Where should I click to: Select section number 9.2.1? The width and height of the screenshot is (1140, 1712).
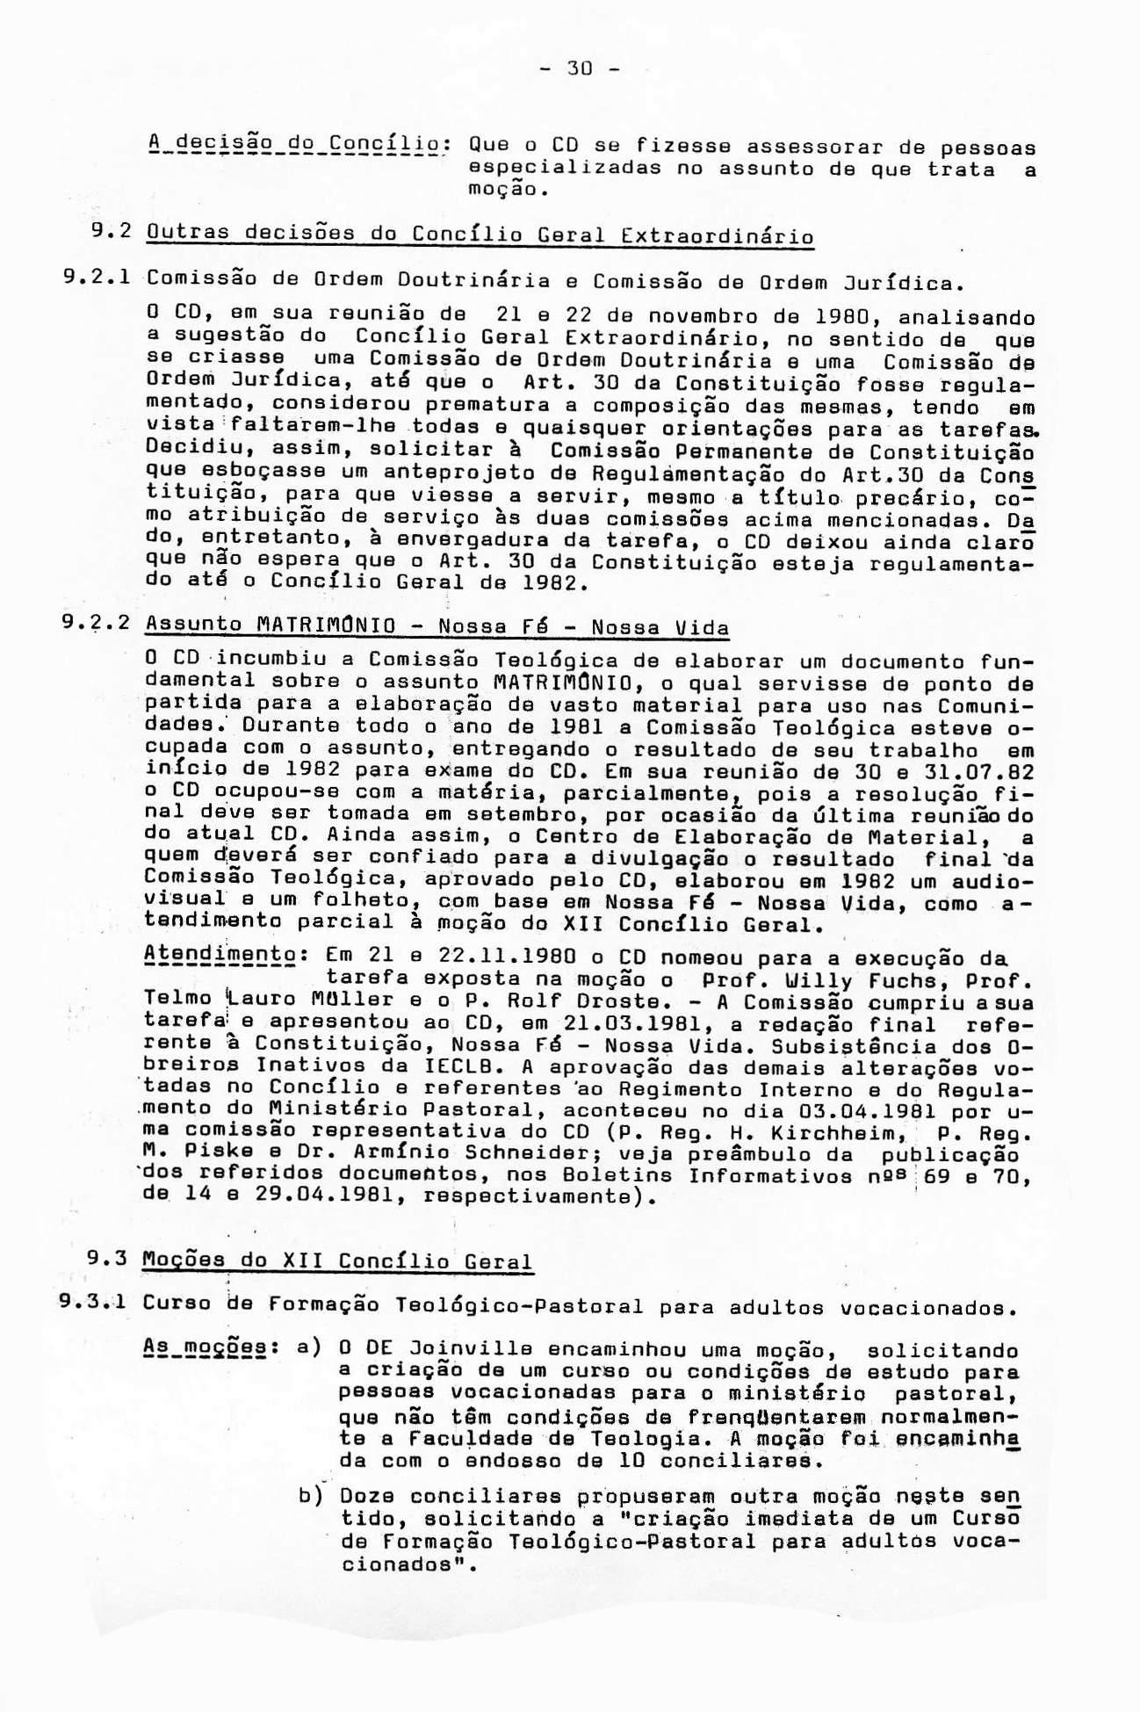tap(97, 279)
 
